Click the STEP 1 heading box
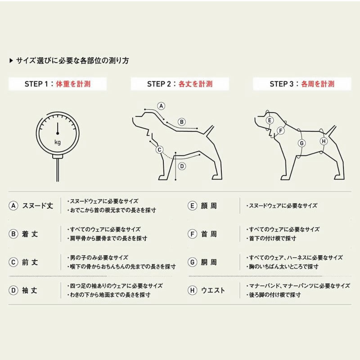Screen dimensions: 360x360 [x=58, y=84]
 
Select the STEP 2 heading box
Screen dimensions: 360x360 [x=180, y=84]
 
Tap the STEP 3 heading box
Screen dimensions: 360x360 [x=302, y=84]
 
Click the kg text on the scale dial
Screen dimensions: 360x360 [x=58, y=142]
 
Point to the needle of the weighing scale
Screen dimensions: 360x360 [x=58, y=128]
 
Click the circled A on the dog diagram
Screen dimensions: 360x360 [x=161, y=106]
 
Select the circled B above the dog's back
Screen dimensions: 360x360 [x=182, y=122]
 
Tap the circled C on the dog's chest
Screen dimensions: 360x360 [x=159, y=150]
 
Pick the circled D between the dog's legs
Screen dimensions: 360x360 [x=182, y=166]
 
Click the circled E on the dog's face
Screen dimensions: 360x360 [x=270, y=120]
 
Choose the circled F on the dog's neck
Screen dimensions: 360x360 [x=280, y=131]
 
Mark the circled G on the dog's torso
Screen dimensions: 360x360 [x=301, y=143]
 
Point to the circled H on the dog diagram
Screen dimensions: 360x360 [x=324, y=141]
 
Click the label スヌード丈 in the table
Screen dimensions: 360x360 [x=37, y=206]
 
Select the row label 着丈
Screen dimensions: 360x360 [x=30, y=234]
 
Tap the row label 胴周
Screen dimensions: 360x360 [x=209, y=262]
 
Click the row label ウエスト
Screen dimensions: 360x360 [x=212, y=290]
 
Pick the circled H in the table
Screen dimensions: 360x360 [x=193, y=290]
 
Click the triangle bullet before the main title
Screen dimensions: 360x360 [x=11, y=61]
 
